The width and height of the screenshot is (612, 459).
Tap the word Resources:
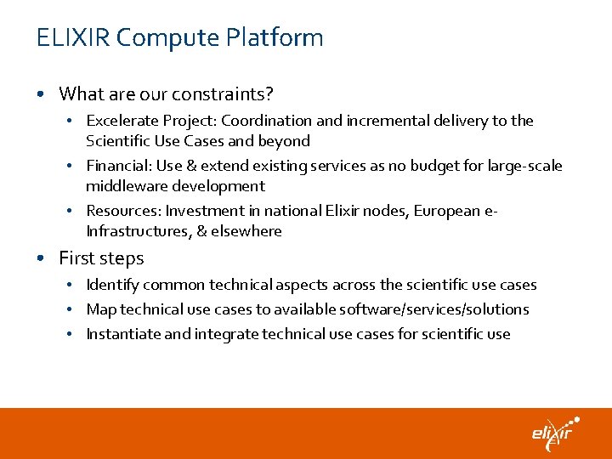(123, 211)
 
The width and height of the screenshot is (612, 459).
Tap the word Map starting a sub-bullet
(100, 309)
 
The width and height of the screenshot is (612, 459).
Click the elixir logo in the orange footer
(555, 433)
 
